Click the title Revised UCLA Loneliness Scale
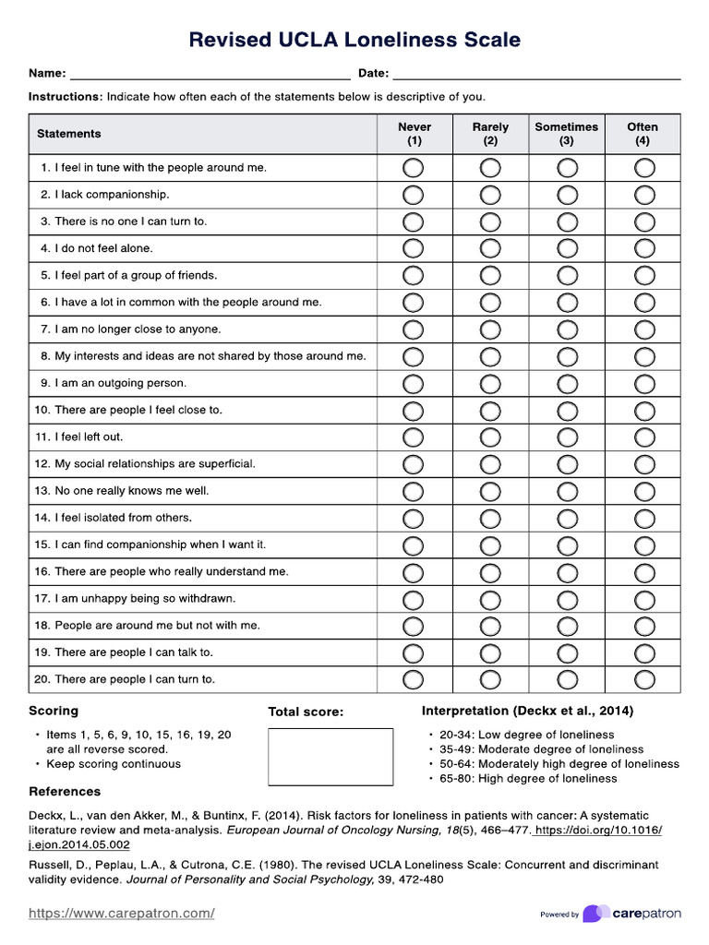pos(354,40)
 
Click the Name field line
pos(210,75)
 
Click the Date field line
pos(536,75)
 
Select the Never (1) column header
pos(414,134)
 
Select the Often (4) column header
pos(643,134)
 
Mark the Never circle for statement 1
pos(414,168)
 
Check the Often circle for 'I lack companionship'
pos(644,195)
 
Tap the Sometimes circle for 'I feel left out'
pos(568,437)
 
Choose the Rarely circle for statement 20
pos(490,680)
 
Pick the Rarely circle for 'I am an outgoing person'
pos(490,384)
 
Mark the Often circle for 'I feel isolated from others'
pos(644,519)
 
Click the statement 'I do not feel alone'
pos(103,248)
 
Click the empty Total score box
pos(330,757)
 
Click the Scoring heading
pos(54,711)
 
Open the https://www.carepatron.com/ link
pos(122,914)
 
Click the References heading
pos(65,792)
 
